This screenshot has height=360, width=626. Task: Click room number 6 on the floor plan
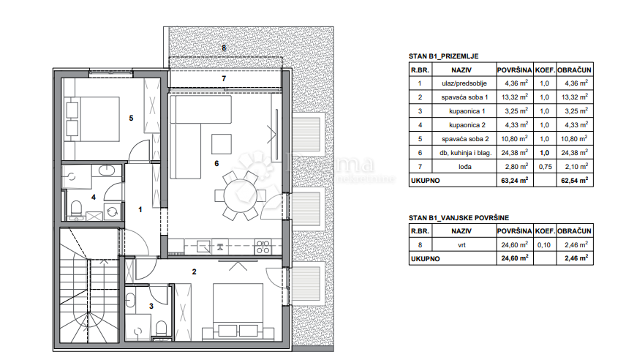pyautogui.click(x=216, y=163)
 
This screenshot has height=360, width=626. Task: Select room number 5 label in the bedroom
pyautogui.click(x=131, y=117)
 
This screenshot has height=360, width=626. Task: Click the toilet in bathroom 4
pyautogui.click(x=75, y=211)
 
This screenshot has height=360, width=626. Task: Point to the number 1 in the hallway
pyautogui.click(x=141, y=209)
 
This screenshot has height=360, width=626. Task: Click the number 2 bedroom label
pyautogui.click(x=194, y=272)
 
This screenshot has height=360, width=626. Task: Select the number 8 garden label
pyautogui.click(x=224, y=49)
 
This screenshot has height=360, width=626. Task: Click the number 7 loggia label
pyautogui.click(x=224, y=78)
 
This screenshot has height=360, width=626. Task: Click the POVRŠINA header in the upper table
pyautogui.click(x=513, y=70)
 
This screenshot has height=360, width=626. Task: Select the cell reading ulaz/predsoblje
pyautogui.click(x=464, y=83)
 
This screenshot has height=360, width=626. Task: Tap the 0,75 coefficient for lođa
pyautogui.click(x=543, y=167)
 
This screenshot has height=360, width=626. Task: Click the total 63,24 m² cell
pyautogui.click(x=513, y=181)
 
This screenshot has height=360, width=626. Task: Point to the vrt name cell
pyautogui.click(x=464, y=246)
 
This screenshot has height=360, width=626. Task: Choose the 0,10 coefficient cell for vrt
pyautogui.click(x=543, y=246)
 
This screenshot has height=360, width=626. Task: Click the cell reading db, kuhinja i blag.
pyautogui.click(x=464, y=153)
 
